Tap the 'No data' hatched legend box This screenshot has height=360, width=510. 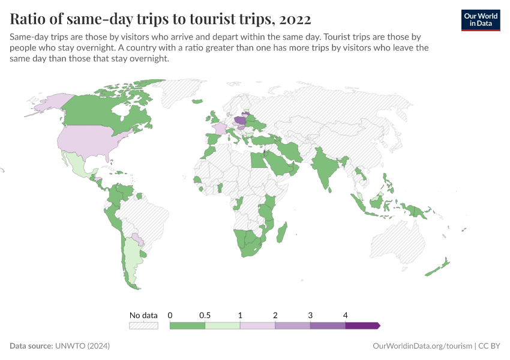pyautogui.click(x=143, y=326)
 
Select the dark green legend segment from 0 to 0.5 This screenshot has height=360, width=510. pyautogui.click(x=187, y=326)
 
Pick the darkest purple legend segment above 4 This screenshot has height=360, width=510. pyautogui.click(x=362, y=326)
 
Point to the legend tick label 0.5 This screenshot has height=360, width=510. pyautogui.click(x=205, y=315)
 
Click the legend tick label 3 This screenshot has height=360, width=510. pyautogui.click(x=310, y=315)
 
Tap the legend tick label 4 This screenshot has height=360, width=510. pyautogui.click(x=346, y=315)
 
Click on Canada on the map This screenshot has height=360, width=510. pyautogui.click(x=102, y=111)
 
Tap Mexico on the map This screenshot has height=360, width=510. pyautogui.click(x=76, y=162)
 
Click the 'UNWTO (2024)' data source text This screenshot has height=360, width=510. pyautogui.click(x=82, y=346)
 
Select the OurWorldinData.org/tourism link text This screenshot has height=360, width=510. pyautogui.click(x=422, y=346)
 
